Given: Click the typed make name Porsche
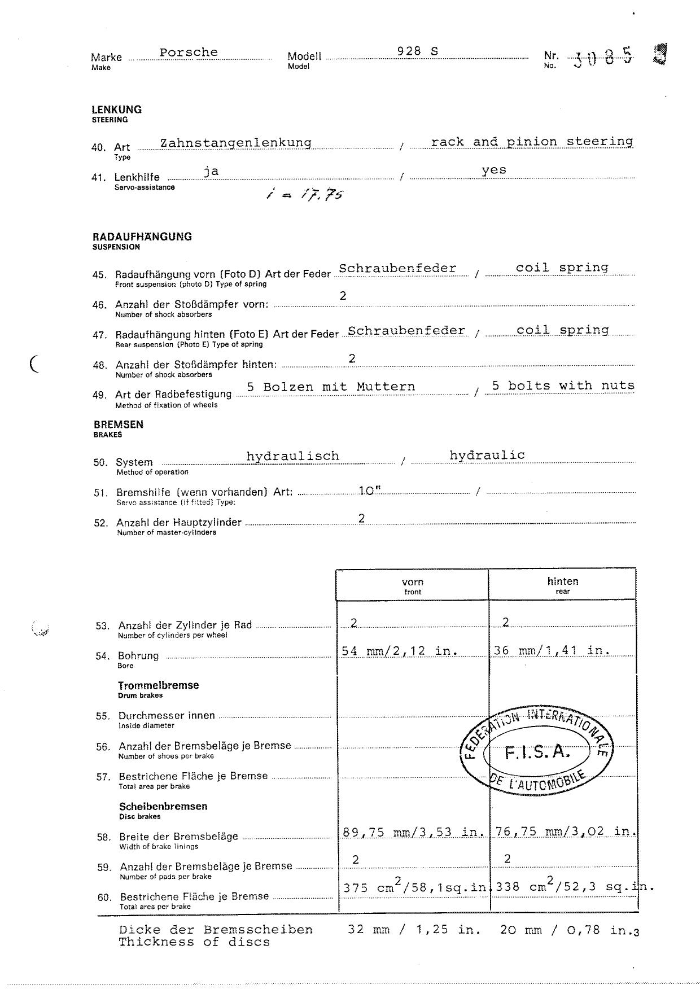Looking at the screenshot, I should click(188, 52).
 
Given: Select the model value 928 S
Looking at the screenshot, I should click(417, 51).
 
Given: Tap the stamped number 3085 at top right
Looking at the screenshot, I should click(603, 58).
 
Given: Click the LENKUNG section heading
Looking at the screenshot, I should click(117, 110).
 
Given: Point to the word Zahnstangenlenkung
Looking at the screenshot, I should click(236, 142).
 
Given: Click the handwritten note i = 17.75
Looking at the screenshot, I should click(305, 195).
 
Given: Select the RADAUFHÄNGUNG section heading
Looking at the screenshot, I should click(142, 237).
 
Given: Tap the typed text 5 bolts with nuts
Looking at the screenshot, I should click(563, 386).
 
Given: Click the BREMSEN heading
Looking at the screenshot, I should click(118, 425).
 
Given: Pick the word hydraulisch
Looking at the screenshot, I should click(292, 456).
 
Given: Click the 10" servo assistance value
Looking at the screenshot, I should click(369, 491).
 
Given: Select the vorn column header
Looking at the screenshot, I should click(413, 582).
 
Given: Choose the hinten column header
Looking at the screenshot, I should click(562, 581).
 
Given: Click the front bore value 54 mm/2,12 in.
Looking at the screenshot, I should click(399, 651).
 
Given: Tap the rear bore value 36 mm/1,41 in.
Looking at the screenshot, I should click(552, 650).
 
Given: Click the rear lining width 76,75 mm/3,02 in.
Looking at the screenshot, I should click(565, 832).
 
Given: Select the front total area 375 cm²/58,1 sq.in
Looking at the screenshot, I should click(414, 887).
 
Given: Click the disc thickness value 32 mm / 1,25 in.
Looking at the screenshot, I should click(414, 930).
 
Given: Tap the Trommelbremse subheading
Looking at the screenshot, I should click(158, 685).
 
